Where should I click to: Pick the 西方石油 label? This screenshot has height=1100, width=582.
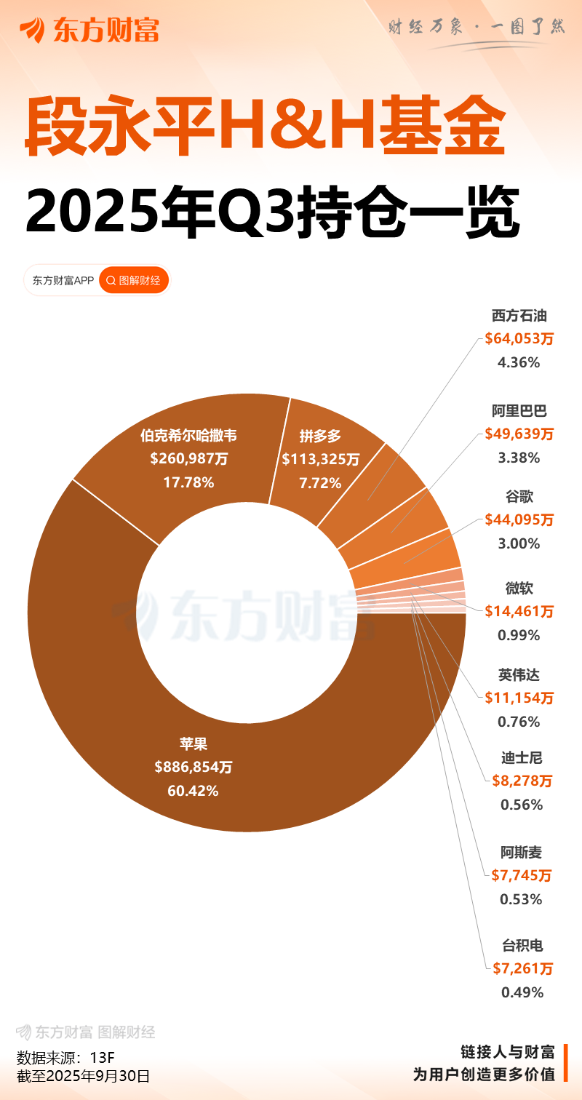[519, 316]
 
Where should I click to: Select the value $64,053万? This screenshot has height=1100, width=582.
[519, 338]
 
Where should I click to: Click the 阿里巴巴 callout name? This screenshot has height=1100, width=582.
[519, 411]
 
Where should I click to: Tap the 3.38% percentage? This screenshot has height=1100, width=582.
[519, 458]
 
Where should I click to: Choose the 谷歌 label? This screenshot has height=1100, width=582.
[519, 497]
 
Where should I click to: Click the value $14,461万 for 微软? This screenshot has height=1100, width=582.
[519, 611]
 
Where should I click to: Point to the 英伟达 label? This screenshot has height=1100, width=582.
[519, 674]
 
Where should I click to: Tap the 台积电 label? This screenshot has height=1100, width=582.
[522, 946]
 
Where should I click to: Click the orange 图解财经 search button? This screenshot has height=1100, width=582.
[134, 280]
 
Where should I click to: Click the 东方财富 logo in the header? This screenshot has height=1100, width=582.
[89, 30]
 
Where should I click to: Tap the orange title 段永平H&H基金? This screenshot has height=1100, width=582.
[265, 128]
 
